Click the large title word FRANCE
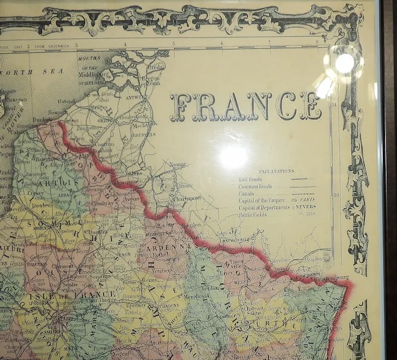(245, 107)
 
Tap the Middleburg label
(94, 74)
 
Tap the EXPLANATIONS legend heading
(277, 170)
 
